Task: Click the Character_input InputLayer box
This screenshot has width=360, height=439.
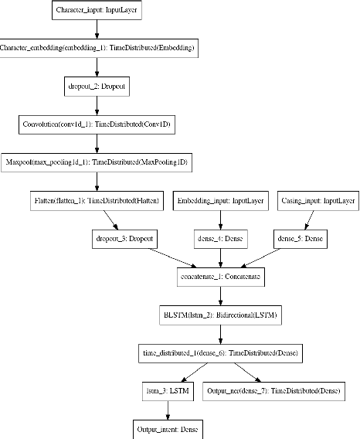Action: point(96,12)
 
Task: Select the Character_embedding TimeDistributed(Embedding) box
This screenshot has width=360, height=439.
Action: point(97,48)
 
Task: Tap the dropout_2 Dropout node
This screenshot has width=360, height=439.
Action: point(97,86)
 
